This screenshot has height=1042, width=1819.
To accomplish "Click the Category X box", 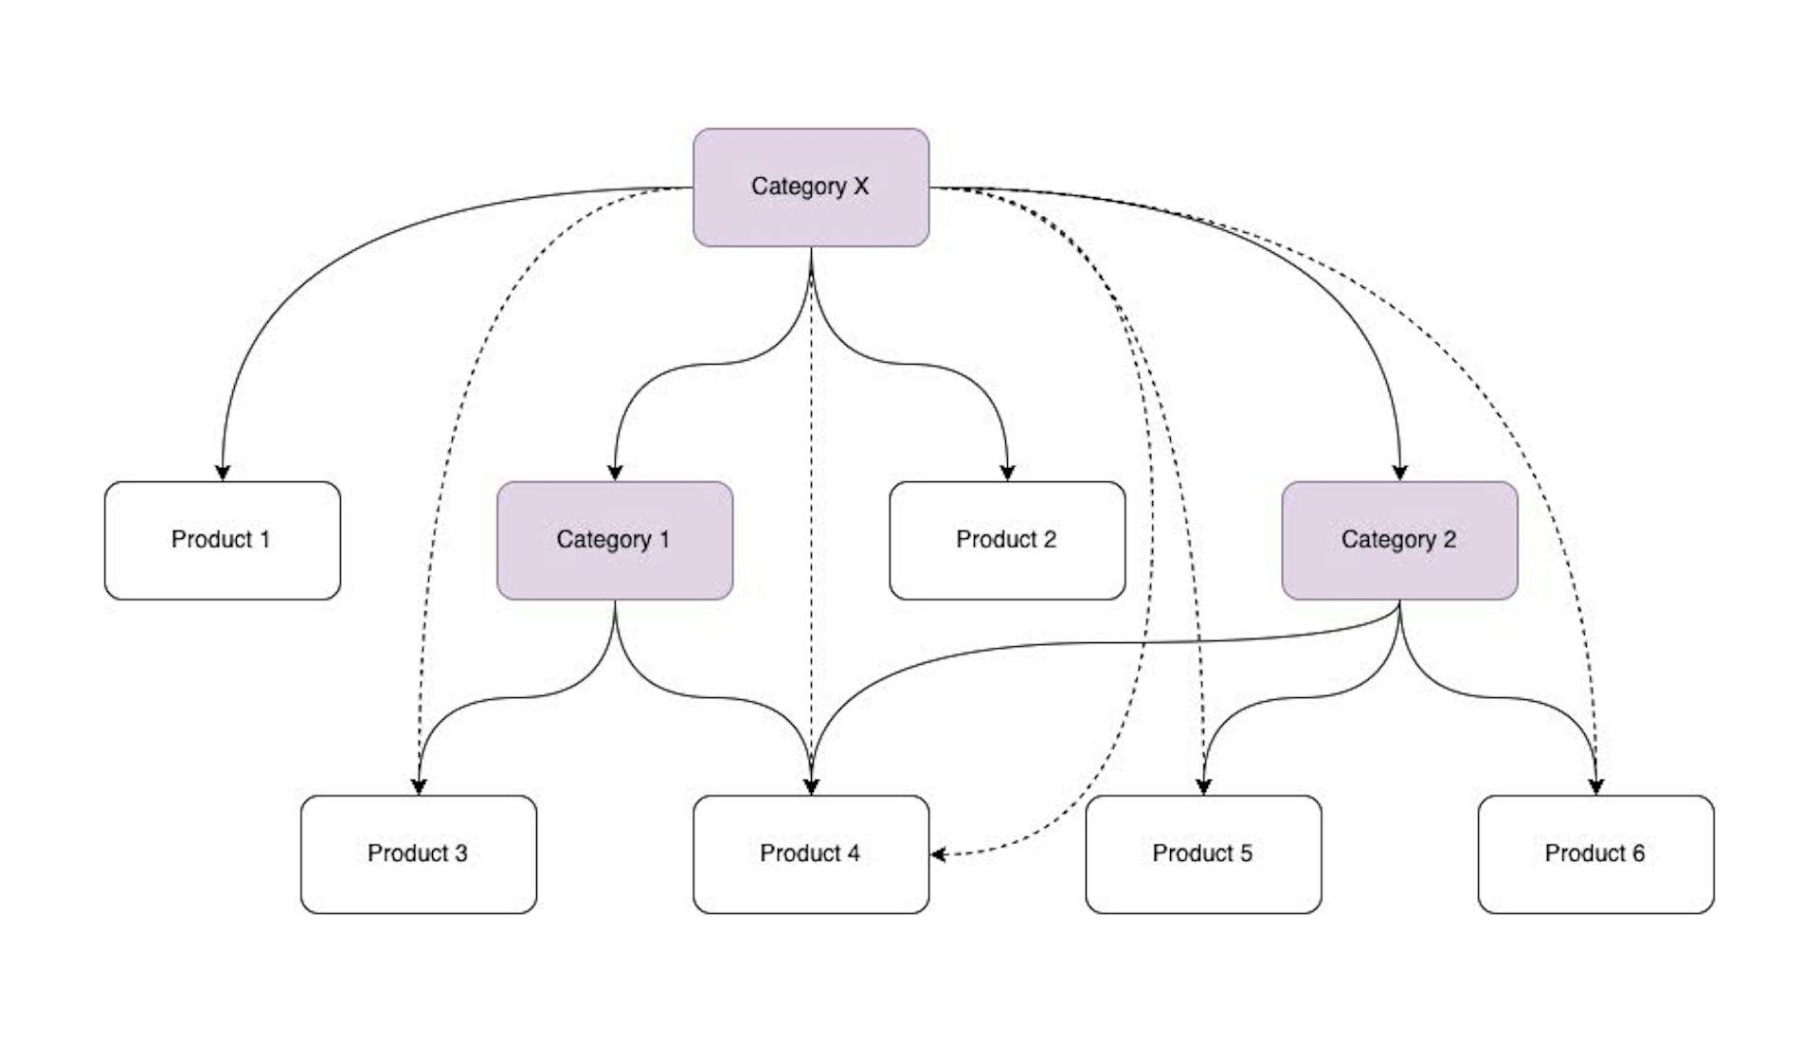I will pos(811,188).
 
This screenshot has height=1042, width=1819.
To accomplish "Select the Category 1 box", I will pos(615,540).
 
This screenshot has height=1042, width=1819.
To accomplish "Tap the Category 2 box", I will pos(1399,540).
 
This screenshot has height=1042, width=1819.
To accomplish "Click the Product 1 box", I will pos(223,540).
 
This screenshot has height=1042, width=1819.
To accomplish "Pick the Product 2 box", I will pos(1007,540).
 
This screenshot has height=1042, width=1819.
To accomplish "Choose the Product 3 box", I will pos(419,853).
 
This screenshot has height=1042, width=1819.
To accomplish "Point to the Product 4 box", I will pos(811,853).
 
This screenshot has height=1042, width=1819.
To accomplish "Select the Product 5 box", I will pos(1203,853).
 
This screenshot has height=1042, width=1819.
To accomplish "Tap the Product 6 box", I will pos(1595,853).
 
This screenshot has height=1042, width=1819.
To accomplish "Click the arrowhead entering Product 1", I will pos(223,473).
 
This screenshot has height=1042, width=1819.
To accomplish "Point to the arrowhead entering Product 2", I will pos(1007,473).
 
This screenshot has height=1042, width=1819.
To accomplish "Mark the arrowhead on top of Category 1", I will pos(615,473).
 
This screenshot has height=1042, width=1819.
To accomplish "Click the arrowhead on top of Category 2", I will pos(1399,473).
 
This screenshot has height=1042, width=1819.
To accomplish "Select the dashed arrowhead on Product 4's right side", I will pos(938,854).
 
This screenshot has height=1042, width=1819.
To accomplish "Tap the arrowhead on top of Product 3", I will pos(419,786).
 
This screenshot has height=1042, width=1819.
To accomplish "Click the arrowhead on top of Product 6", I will pos(1595,786).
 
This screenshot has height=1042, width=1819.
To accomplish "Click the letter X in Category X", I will pos(860,187).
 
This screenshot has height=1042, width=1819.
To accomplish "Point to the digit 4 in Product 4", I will pos(854,853).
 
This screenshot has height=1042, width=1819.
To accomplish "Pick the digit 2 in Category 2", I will pos(1449,540).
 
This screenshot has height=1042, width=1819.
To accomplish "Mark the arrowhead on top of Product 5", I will pos(1203,786).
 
